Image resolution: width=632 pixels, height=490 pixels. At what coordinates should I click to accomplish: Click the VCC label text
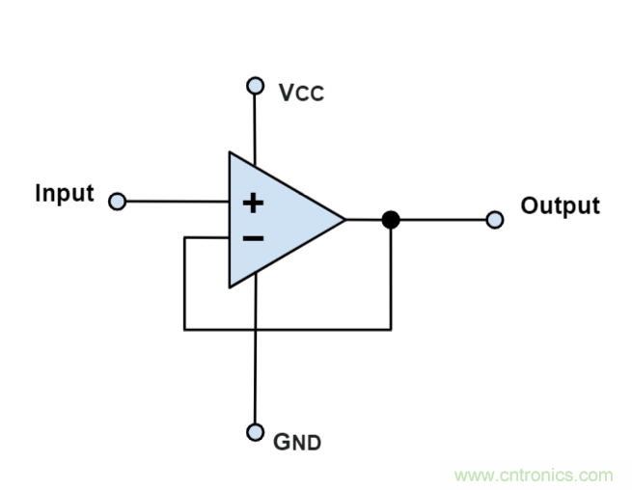[x=301, y=93]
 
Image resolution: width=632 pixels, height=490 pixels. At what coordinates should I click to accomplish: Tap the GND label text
[x=297, y=443]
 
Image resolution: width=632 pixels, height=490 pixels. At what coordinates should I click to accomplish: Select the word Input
[x=65, y=193]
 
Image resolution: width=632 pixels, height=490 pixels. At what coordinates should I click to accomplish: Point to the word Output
[x=560, y=205]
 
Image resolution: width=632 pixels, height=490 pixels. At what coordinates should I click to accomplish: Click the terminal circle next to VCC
[x=256, y=86]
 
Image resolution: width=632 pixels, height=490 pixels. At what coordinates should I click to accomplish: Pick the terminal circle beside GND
[x=256, y=431]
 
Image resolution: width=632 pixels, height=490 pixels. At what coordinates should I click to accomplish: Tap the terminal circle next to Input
[x=118, y=202]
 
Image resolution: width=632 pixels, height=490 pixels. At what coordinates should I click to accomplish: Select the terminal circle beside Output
[x=495, y=220]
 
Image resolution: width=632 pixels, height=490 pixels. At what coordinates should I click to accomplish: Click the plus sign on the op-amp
[x=252, y=203]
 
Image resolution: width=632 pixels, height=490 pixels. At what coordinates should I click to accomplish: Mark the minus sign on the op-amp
[x=252, y=237]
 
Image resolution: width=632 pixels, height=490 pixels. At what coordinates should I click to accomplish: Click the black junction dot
[x=390, y=220]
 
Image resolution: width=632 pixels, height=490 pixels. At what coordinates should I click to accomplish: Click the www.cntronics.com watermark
[x=533, y=475]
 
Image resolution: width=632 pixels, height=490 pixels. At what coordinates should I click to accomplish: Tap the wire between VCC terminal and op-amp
[x=256, y=125]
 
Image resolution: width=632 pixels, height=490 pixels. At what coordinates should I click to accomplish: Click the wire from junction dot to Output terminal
[x=444, y=220]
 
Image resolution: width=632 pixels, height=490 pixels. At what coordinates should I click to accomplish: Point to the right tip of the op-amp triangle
[x=343, y=220]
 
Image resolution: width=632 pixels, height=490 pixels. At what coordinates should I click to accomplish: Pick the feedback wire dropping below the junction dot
[x=390, y=280]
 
